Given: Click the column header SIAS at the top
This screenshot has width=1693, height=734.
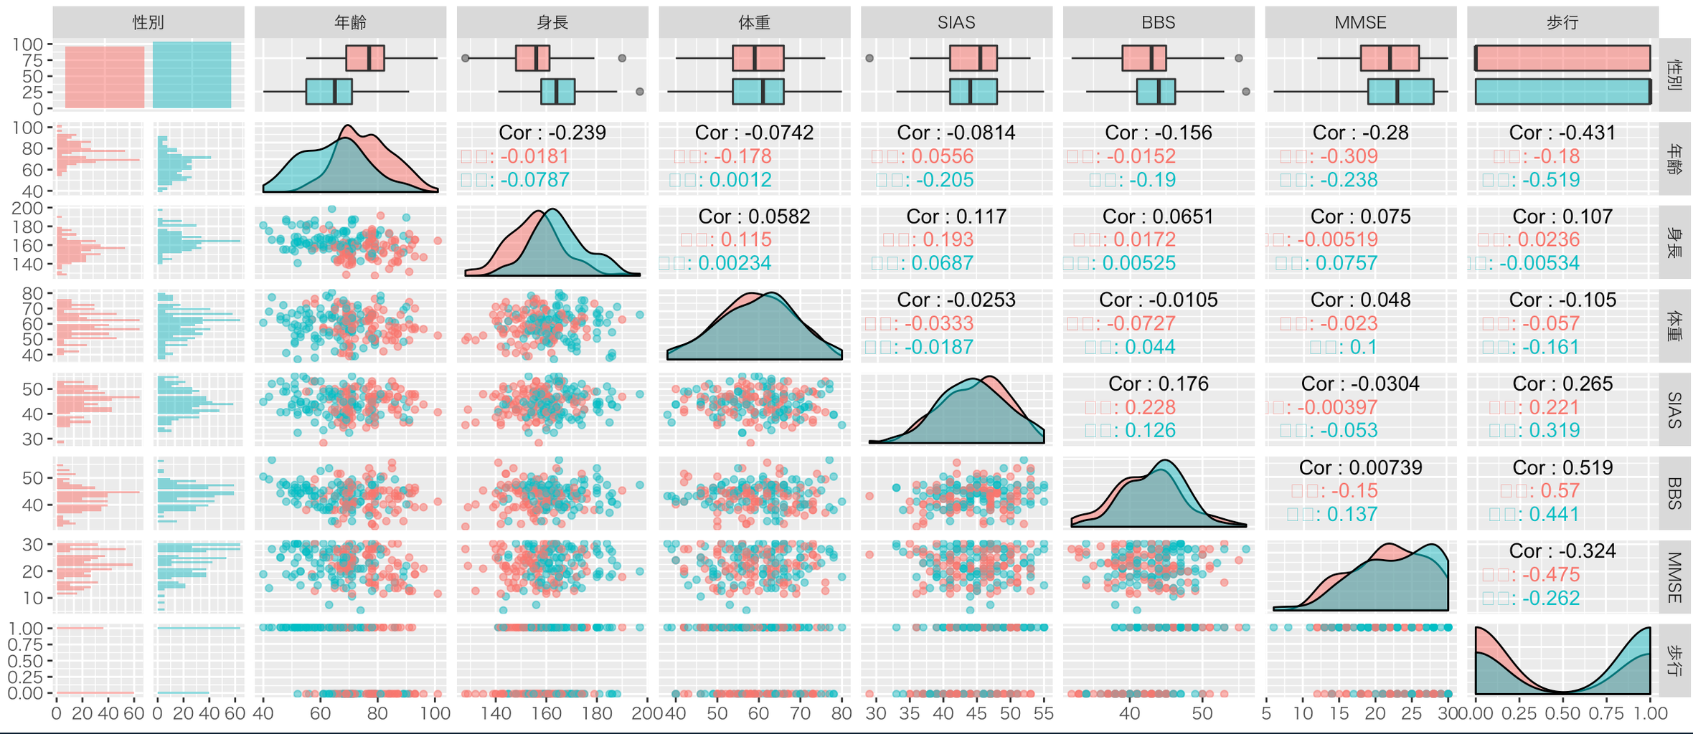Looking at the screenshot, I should click(x=956, y=22).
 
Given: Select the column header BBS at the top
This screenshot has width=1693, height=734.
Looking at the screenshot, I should click(x=1158, y=22).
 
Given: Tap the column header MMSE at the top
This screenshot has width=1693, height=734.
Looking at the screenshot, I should click(x=1360, y=22).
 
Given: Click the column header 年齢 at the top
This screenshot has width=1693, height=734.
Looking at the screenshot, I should click(x=350, y=22).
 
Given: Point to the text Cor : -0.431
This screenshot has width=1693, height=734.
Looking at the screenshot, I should click(x=1562, y=133).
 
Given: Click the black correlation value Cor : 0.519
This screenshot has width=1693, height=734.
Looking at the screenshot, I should click(x=1562, y=467).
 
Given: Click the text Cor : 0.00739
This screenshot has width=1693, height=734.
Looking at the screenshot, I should click(x=1360, y=467).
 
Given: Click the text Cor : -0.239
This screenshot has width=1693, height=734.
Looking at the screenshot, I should click(x=552, y=133).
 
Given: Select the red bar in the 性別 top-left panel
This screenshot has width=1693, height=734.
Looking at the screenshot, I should click(x=105, y=77).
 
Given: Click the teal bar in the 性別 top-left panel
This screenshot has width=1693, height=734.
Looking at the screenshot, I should click(x=192, y=75).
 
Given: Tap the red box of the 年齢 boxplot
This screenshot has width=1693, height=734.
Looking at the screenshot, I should click(x=364, y=58).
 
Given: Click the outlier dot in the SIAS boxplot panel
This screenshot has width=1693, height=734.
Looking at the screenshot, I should click(x=869, y=58).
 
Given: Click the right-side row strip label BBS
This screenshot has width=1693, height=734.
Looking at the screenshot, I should click(x=1674, y=493).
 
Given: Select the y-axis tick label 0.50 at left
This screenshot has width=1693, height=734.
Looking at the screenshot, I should click(x=26, y=661).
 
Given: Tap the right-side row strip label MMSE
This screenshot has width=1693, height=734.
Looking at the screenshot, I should click(x=1674, y=577).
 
